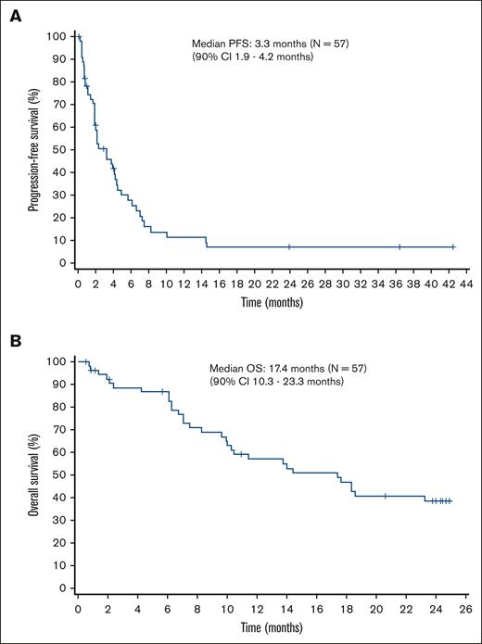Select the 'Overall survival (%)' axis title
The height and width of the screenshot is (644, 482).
33,474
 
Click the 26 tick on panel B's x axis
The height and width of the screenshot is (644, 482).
466,607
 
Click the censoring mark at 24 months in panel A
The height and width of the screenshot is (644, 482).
289,247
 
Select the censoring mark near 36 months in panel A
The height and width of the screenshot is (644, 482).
400,247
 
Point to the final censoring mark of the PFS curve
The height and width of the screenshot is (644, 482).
453,247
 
